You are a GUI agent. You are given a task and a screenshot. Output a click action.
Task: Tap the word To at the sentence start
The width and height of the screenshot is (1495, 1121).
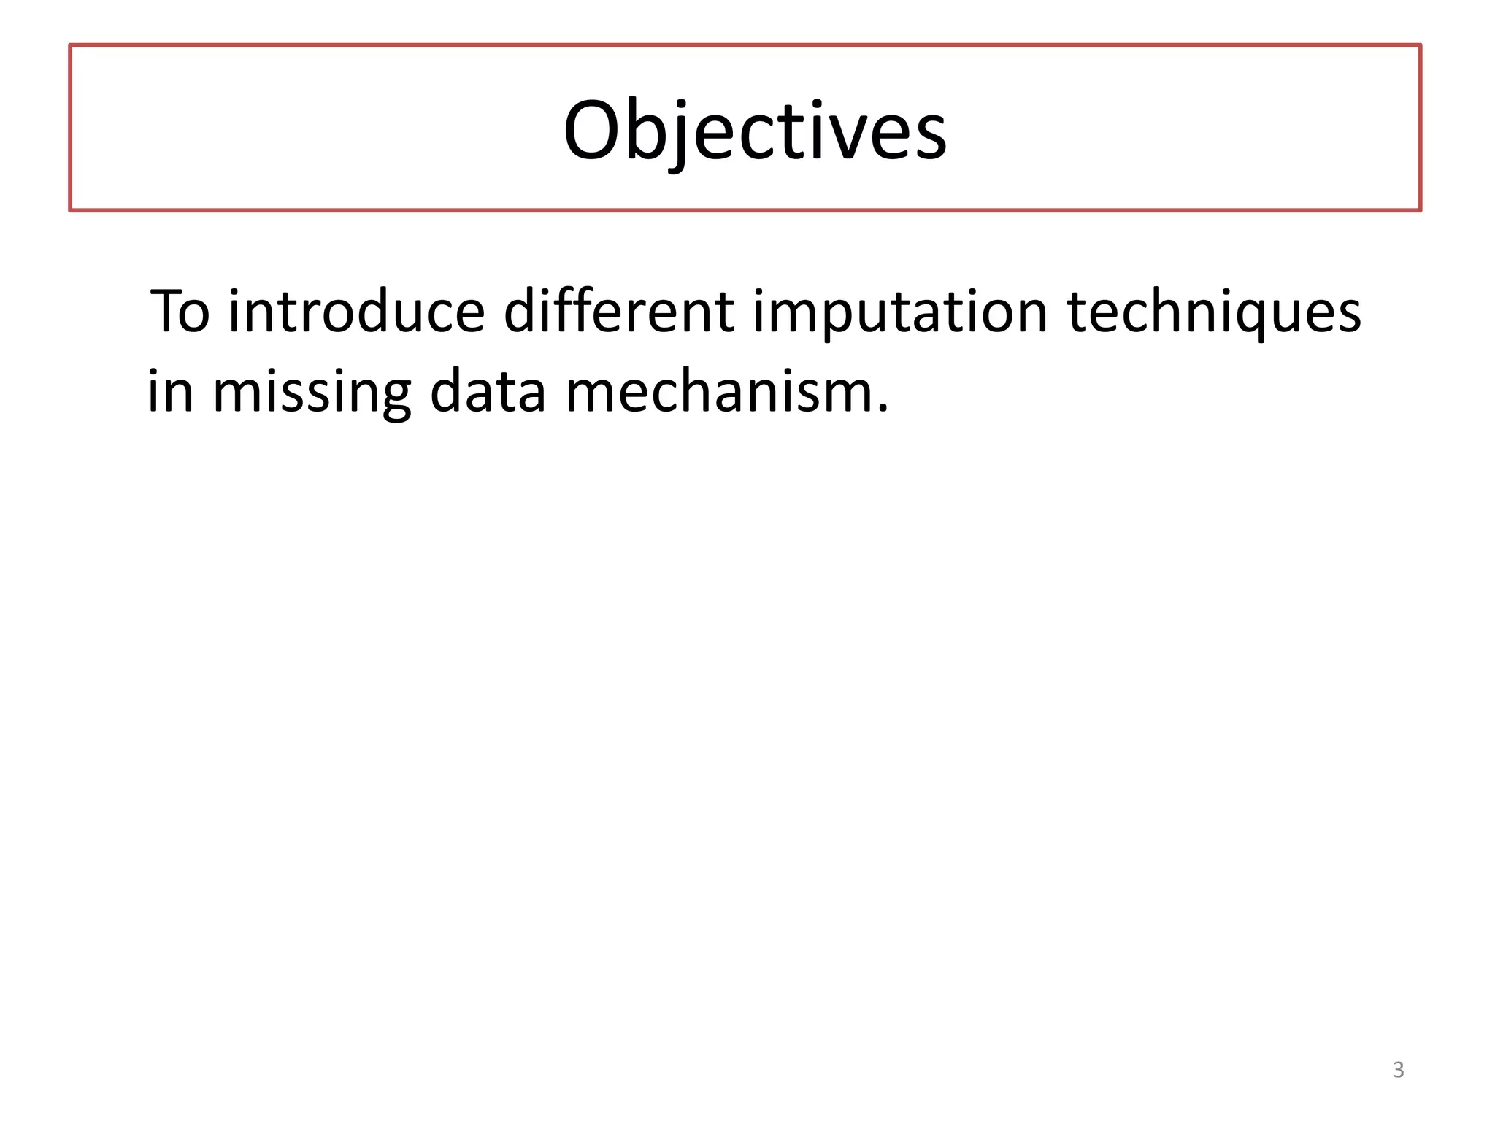180,312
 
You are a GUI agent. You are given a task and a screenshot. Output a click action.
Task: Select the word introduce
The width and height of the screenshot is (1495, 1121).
356,312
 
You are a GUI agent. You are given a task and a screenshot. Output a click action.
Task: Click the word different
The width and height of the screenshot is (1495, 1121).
619,312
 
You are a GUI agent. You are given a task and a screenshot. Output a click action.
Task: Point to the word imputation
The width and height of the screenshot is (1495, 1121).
901,312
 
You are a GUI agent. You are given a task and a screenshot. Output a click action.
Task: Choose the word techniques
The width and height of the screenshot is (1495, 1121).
1214,312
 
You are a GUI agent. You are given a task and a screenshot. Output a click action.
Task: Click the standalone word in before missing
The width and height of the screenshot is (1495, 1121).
171,391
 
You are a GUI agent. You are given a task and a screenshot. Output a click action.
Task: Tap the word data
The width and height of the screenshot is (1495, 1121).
488,391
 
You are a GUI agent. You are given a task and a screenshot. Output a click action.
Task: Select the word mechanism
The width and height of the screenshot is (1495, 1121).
719,391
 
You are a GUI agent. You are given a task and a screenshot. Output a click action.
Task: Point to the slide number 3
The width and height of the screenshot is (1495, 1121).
1398,1070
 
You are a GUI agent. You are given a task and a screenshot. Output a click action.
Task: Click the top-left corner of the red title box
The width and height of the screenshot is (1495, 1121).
71,46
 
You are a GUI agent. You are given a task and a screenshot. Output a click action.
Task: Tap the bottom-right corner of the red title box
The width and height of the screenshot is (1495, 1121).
1420,210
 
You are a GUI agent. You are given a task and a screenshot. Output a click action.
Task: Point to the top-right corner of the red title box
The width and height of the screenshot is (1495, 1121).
1420,46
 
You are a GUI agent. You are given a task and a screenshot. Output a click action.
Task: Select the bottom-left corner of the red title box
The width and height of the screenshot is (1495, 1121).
71,210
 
